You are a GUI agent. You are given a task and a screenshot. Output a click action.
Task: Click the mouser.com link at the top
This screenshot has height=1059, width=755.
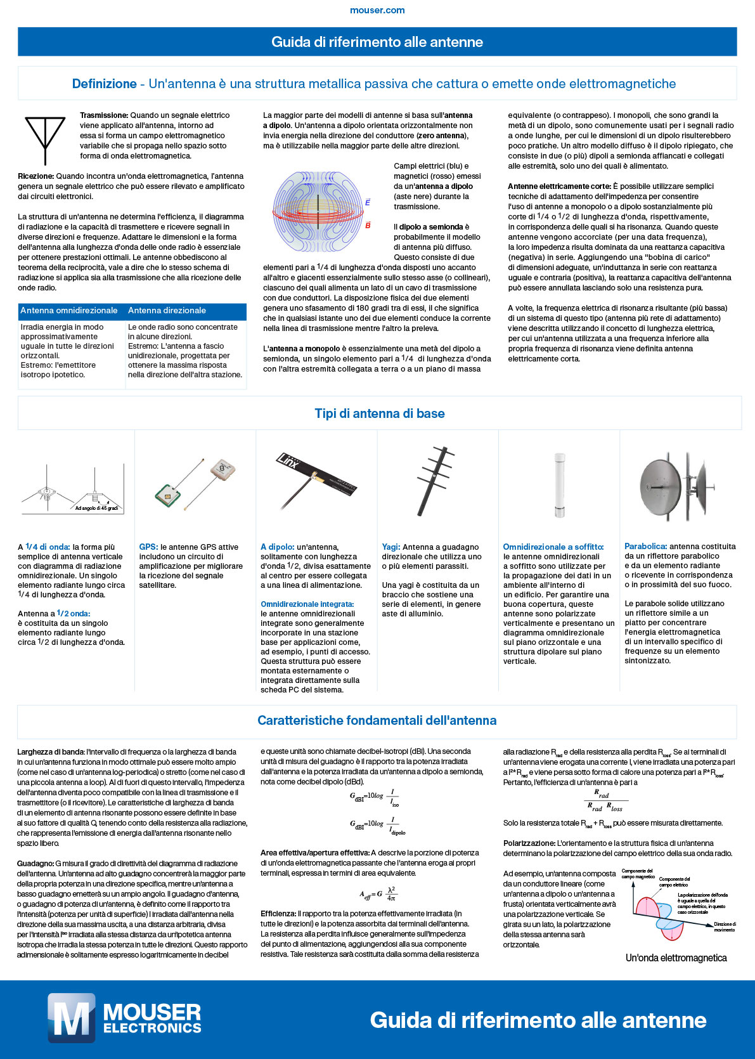point(377,10)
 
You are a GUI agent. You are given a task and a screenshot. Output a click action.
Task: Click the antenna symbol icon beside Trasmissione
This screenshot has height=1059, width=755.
point(45,140)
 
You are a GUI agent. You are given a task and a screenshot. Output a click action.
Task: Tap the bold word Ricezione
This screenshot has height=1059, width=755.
point(35,176)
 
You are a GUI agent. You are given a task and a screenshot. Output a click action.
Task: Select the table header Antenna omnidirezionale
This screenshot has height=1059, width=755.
point(69,311)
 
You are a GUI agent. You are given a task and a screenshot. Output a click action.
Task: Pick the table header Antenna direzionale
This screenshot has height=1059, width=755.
point(167,311)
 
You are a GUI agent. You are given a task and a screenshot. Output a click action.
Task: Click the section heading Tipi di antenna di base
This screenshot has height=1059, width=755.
point(379,413)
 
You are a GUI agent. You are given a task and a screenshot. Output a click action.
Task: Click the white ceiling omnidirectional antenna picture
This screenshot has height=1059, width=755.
point(559,485)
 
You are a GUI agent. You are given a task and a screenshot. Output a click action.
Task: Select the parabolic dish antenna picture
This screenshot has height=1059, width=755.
point(676,485)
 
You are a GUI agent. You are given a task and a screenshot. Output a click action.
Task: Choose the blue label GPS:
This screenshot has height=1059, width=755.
point(148,547)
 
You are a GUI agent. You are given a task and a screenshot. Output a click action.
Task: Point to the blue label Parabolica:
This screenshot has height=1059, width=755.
point(645,546)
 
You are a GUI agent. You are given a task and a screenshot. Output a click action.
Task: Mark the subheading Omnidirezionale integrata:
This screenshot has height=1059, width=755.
point(307,604)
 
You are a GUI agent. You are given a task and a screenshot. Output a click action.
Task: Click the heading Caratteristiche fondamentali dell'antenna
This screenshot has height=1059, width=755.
point(377,720)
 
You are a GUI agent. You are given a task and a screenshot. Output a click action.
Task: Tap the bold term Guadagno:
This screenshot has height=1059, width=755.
point(35,864)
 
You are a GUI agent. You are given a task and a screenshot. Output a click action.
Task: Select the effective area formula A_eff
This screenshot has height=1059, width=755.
point(379,893)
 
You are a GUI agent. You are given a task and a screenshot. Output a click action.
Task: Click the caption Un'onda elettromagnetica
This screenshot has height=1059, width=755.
point(676,958)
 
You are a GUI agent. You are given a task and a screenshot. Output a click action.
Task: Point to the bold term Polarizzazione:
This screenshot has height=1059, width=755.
point(529,843)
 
